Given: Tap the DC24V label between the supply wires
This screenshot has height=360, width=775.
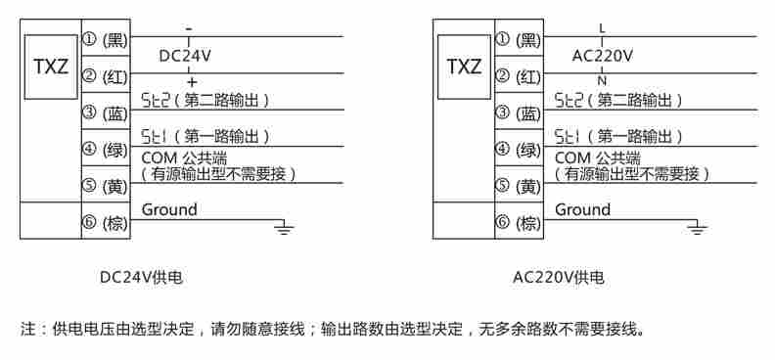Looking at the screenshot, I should click(x=185, y=57).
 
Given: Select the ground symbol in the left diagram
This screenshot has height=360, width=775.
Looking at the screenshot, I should click(x=283, y=229).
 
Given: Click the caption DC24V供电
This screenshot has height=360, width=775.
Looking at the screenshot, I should click(x=141, y=278).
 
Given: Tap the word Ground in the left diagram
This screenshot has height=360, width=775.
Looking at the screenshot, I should click(x=169, y=209).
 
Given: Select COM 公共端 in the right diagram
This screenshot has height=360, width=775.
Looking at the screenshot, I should click(x=597, y=157).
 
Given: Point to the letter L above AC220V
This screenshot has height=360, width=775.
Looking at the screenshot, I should click(x=603, y=29).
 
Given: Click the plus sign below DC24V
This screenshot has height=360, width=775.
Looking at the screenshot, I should click(x=191, y=81).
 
